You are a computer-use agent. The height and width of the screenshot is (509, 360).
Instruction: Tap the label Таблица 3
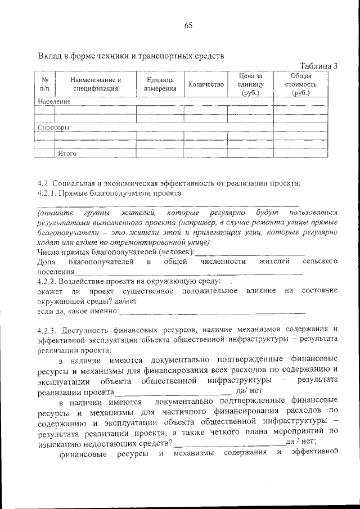coord(318,66)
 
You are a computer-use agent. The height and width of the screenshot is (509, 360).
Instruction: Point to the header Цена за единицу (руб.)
coord(250,84)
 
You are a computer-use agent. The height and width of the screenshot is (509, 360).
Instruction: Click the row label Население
coord(55,102)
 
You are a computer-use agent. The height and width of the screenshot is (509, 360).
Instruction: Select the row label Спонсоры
coord(54,127)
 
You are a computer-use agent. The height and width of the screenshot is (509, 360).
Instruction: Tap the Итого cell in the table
coord(66,153)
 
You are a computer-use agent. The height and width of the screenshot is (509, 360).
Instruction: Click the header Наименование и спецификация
coord(96,84)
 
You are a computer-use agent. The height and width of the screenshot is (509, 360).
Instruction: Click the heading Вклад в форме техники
coord(130,56)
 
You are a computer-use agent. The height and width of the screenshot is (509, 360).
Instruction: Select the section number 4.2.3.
coord(48,329)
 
